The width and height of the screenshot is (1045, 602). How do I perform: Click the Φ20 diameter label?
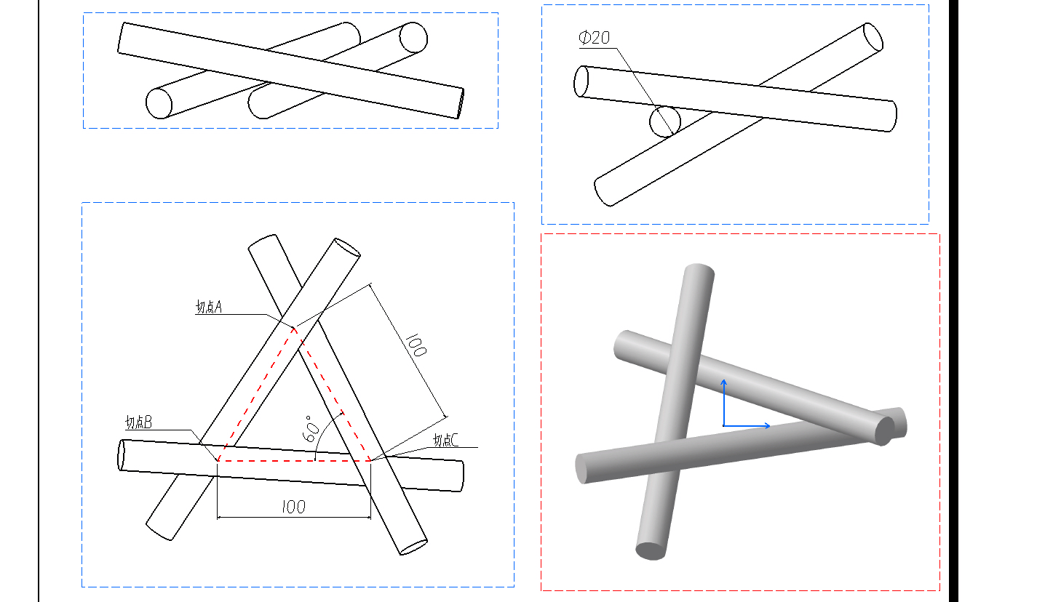(x=594, y=38)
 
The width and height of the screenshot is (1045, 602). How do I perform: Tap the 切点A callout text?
(x=209, y=307)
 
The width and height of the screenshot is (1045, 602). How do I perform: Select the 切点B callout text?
(x=138, y=422)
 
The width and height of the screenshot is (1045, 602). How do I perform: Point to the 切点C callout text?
(x=445, y=440)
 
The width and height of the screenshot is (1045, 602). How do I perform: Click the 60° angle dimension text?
(x=311, y=429)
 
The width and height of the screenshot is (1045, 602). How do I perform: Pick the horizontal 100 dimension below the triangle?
(x=293, y=507)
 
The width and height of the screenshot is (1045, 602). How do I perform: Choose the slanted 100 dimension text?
(x=416, y=345)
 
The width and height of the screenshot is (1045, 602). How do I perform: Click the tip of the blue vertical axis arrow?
(x=723, y=380)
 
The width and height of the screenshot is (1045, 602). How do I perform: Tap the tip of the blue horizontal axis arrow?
(x=769, y=425)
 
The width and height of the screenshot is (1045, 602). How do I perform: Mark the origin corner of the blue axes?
(x=723, y=425)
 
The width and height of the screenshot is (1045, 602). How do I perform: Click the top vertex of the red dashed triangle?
(x=294, y=329)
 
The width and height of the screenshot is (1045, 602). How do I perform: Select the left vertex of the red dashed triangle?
(x=218, y=460)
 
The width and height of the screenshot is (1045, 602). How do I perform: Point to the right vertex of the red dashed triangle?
(x=370, y=460)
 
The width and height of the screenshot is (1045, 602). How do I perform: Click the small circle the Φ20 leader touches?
(x=665, y=121)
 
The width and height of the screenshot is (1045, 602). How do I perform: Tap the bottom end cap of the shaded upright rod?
(x=651, y=551)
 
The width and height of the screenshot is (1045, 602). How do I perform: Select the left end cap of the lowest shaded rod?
(x=581, y=469)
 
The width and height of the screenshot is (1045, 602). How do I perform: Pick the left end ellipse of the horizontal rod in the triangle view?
(x=122, y=454)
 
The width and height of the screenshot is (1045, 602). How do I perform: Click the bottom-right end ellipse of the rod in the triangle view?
(x=414, y=547)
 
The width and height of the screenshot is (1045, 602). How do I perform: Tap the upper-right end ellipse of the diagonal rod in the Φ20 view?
(x=873, y=36)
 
